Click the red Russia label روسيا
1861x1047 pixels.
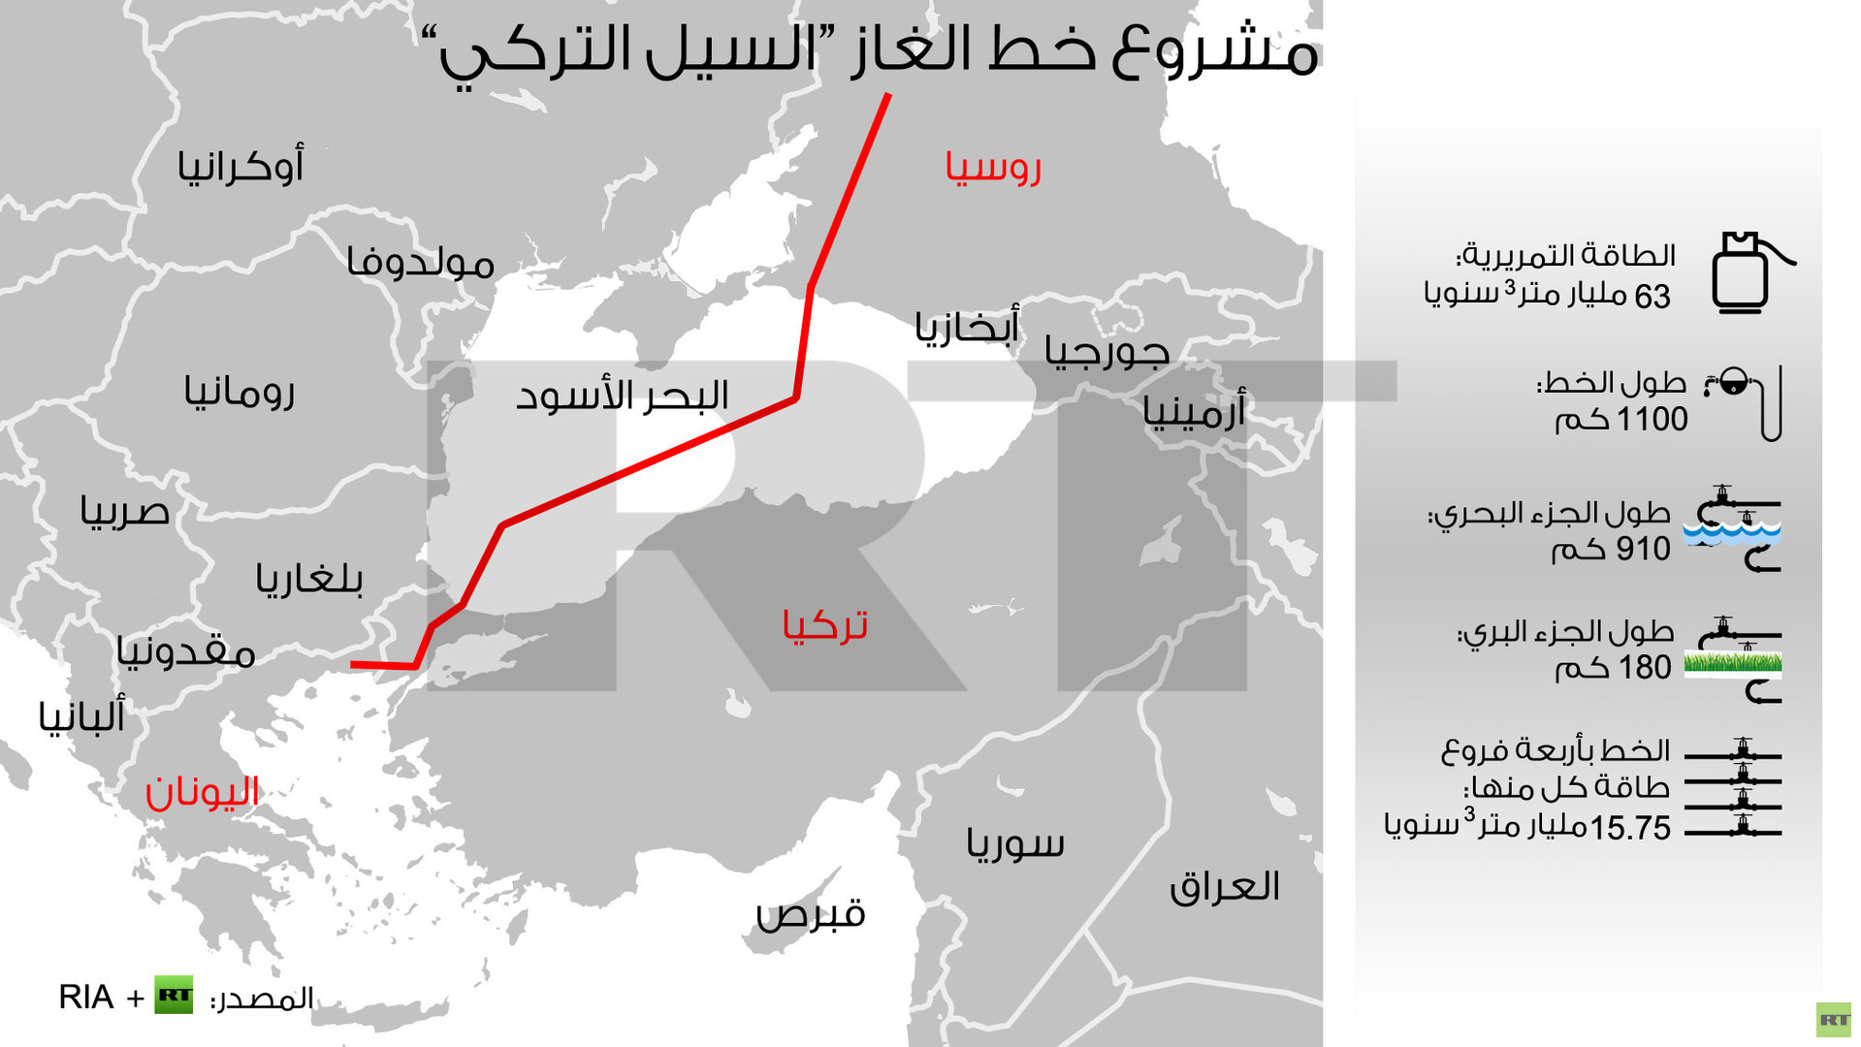[x=993, y=168]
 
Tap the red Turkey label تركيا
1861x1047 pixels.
[x=824, y=625]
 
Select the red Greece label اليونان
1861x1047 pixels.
[x=202, y=792]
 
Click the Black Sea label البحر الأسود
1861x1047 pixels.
[x=622, y=396]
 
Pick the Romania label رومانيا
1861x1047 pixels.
[x=240, y=392]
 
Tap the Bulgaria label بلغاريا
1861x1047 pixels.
[x=309, y=579]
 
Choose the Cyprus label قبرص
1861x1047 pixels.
[x=811, y=913]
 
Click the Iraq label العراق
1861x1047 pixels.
[x=1224, y=886]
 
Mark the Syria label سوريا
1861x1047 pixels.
[x=1015, y=843]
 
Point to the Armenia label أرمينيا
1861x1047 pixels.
[x=1194, y=412]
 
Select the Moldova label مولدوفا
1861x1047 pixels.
[x=420, y=263]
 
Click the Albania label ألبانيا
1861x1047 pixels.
[x=82, y=716]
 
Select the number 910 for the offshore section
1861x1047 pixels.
[x=1642, y=550]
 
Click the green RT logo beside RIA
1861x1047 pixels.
[x=174, y=996]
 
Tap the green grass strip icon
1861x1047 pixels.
[x=1733, y=663]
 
